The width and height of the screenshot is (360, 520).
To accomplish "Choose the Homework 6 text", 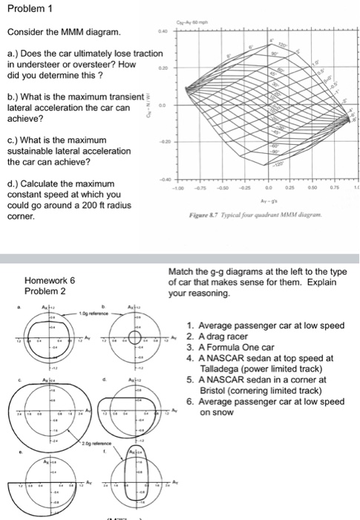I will pos(50,281).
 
